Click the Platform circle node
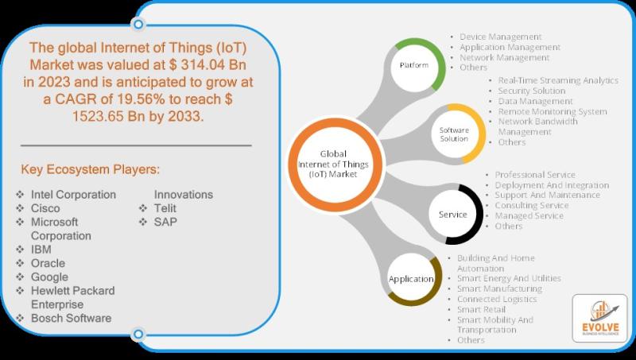[x=413, y=65]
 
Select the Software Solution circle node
[x=454, y=134]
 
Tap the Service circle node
[x=452, y=215]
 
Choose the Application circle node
[x=411, y=279]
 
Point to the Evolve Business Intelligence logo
[x=600, y=318]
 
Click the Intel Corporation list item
[x=73, y=195]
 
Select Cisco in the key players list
[x=45, y=208]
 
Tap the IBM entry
[x=41, y=250]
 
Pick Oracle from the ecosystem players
[x=48, y=263]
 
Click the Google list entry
[x=49, y=277]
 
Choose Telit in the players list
[x=165, y=208]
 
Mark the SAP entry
[x=165, y=223]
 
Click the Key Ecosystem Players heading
[x=90, y=169]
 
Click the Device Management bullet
[x=501, y=37]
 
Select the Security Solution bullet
[x=532, y=91]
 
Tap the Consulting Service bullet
[x=532, y=206]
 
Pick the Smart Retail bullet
[x=482, y=309]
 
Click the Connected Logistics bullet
[x=497, y=299]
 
